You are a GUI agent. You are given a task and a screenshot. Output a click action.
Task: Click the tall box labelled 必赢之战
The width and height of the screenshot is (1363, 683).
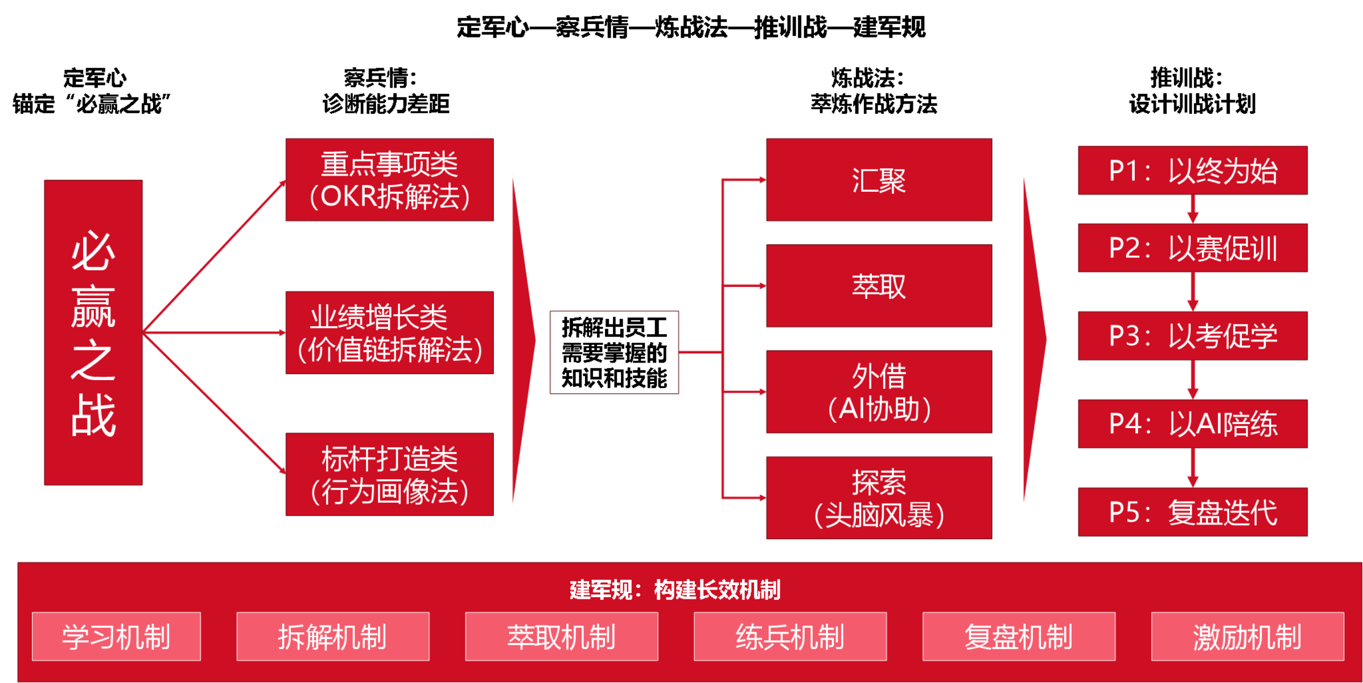(93, 332)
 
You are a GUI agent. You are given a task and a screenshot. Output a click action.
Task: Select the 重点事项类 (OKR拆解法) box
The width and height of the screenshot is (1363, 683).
(389, 180)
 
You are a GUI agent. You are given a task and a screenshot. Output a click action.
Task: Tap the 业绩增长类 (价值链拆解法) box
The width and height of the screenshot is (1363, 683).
(389, 332)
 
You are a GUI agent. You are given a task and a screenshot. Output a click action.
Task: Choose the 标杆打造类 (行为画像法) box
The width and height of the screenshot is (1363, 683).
(389, 474)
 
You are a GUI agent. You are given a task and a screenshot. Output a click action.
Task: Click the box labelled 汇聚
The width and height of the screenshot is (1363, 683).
(879, 180)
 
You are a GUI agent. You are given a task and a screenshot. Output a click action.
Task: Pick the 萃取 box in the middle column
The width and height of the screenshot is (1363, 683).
(879, 286)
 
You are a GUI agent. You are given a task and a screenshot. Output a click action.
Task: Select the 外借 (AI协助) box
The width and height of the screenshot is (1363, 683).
(879, 392)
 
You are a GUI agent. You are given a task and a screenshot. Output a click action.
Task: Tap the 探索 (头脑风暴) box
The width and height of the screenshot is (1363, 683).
(879, 497)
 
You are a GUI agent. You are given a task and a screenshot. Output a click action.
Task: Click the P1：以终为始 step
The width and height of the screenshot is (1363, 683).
(1193, 171)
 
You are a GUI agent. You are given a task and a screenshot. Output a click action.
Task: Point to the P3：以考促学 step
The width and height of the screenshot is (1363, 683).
(1193, 336)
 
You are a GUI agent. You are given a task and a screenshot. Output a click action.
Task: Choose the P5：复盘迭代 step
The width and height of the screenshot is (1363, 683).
(1193, 512)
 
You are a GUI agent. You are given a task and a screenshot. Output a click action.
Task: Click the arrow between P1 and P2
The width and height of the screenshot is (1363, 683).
(1193, 209)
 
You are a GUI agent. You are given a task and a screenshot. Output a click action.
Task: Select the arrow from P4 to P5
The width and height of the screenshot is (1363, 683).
(1193, 468)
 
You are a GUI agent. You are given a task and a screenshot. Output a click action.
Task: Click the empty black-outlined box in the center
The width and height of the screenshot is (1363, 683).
(614, 352)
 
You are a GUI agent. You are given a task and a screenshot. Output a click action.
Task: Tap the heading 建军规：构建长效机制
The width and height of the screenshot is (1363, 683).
(675, 590)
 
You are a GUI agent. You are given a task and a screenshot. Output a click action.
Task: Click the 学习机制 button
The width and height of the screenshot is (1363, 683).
(116, 636)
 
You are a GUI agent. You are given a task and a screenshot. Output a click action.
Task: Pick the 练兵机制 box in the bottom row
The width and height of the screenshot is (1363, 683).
(790, 636)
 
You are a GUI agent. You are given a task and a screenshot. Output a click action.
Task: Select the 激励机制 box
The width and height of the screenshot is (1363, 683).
(1247, 636)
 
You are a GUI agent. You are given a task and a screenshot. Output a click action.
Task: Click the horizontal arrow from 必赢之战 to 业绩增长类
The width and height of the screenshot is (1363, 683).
(214, 332)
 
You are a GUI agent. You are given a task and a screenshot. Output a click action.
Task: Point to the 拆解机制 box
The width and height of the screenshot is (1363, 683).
(333, 636)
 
